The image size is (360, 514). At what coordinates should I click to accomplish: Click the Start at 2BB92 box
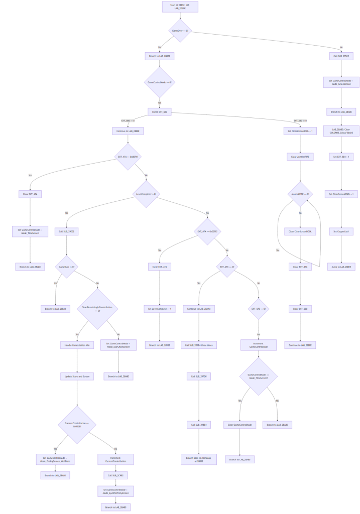tap(180, 7)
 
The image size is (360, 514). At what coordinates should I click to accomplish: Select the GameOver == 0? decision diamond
tap(180, 31)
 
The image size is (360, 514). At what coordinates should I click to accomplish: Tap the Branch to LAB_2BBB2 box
tap(160, 56)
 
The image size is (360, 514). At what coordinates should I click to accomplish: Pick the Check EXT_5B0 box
tap(160, 112)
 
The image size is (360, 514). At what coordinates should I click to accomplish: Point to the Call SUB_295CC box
tap(341, 56)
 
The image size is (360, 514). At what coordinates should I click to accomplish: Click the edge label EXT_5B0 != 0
tap(300, 120)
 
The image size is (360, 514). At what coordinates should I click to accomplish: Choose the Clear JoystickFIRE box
tap(300, 157)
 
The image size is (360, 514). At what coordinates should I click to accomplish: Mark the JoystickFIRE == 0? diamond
tap(300, 193)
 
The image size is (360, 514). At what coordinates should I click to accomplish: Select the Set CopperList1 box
tap(341, 218)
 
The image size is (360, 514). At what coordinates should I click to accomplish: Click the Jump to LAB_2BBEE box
tap(341, 267)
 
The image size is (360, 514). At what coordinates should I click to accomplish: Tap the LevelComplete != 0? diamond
tap(146, 193)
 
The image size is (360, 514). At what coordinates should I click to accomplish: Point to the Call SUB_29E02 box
tap(66, 218)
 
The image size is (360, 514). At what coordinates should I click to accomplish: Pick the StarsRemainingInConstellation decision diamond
tap(97, 308)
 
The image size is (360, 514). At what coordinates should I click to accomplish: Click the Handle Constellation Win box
tap(77, 345)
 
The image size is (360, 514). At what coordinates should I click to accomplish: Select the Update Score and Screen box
tap(77, 376)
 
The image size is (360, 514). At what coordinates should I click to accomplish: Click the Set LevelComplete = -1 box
tap(160, 309)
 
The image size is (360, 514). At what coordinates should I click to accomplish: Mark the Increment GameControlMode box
tap(259, 345)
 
